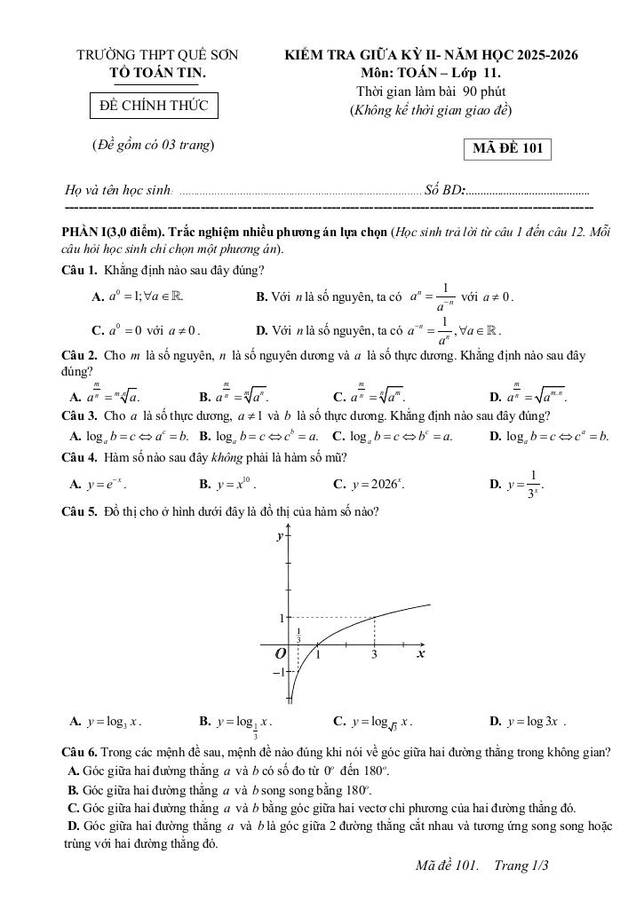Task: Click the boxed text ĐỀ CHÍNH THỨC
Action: click(154, 106)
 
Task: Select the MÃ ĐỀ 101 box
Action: click(507, 148)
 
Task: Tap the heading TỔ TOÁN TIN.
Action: click(157, 72)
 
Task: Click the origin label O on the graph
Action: click(280, 653)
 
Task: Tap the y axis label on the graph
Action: click(280, 536)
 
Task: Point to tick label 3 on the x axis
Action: click(374, 655)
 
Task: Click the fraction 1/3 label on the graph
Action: click(298, 636)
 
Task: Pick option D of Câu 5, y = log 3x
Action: click(529, 721)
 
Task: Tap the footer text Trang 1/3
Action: click(522, 866)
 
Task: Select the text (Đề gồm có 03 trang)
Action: click(154, 145)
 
